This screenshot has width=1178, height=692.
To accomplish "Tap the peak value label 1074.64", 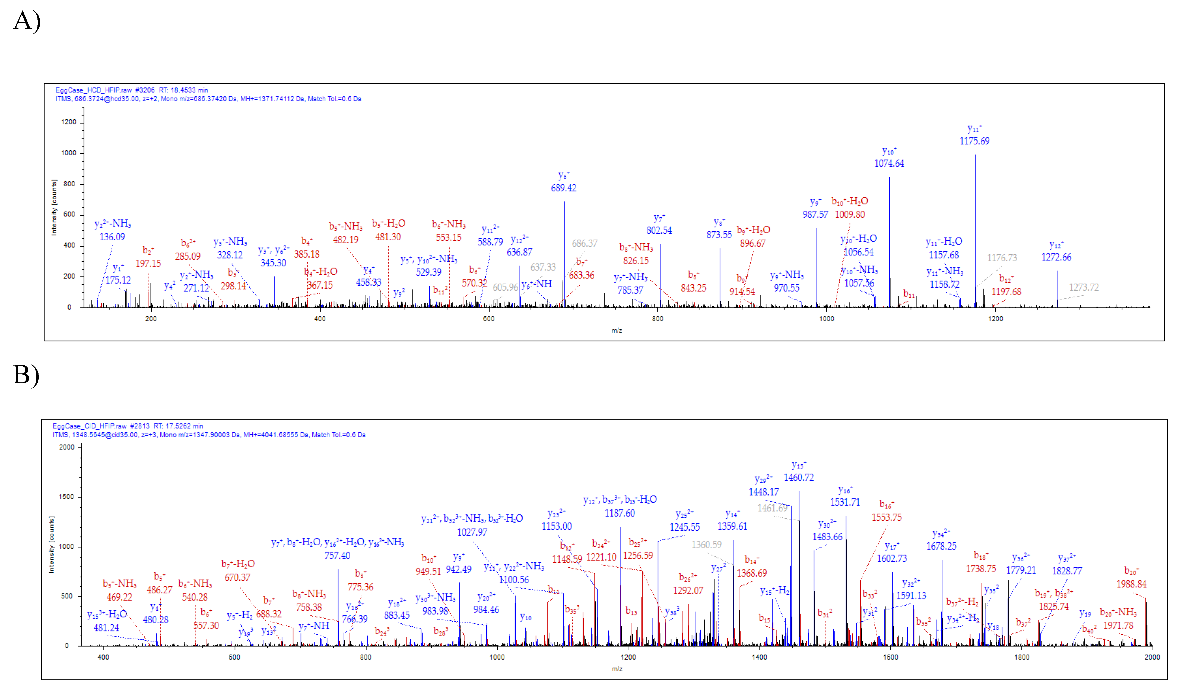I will (x=889, y=163).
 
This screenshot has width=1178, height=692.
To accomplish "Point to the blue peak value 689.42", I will (x=563, y=188).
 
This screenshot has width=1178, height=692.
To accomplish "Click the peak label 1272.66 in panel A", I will (x=1056, y=257).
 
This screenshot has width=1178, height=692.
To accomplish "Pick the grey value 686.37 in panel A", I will (x=584, y=243).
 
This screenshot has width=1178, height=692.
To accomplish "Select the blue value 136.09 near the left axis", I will (x=112, y=237).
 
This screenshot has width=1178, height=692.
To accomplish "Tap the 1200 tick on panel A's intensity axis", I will (x=69, y=122).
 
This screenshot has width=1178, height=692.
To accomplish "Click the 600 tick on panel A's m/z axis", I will (x=488, y=319).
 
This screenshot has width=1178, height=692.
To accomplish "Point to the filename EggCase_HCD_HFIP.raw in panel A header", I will (x=94, y=90).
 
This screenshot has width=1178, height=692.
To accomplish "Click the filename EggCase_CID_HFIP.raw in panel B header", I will (x=90, y=426).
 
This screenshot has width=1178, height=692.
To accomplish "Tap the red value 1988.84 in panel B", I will (x=1131, y=584).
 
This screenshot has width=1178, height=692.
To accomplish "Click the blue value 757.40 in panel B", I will (x=337, y=555).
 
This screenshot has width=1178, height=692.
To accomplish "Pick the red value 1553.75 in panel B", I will (x=886, y=517).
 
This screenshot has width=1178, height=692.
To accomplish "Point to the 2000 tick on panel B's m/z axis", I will (x=1152, y=657).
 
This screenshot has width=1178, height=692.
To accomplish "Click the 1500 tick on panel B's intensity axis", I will (x=66, y=497).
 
